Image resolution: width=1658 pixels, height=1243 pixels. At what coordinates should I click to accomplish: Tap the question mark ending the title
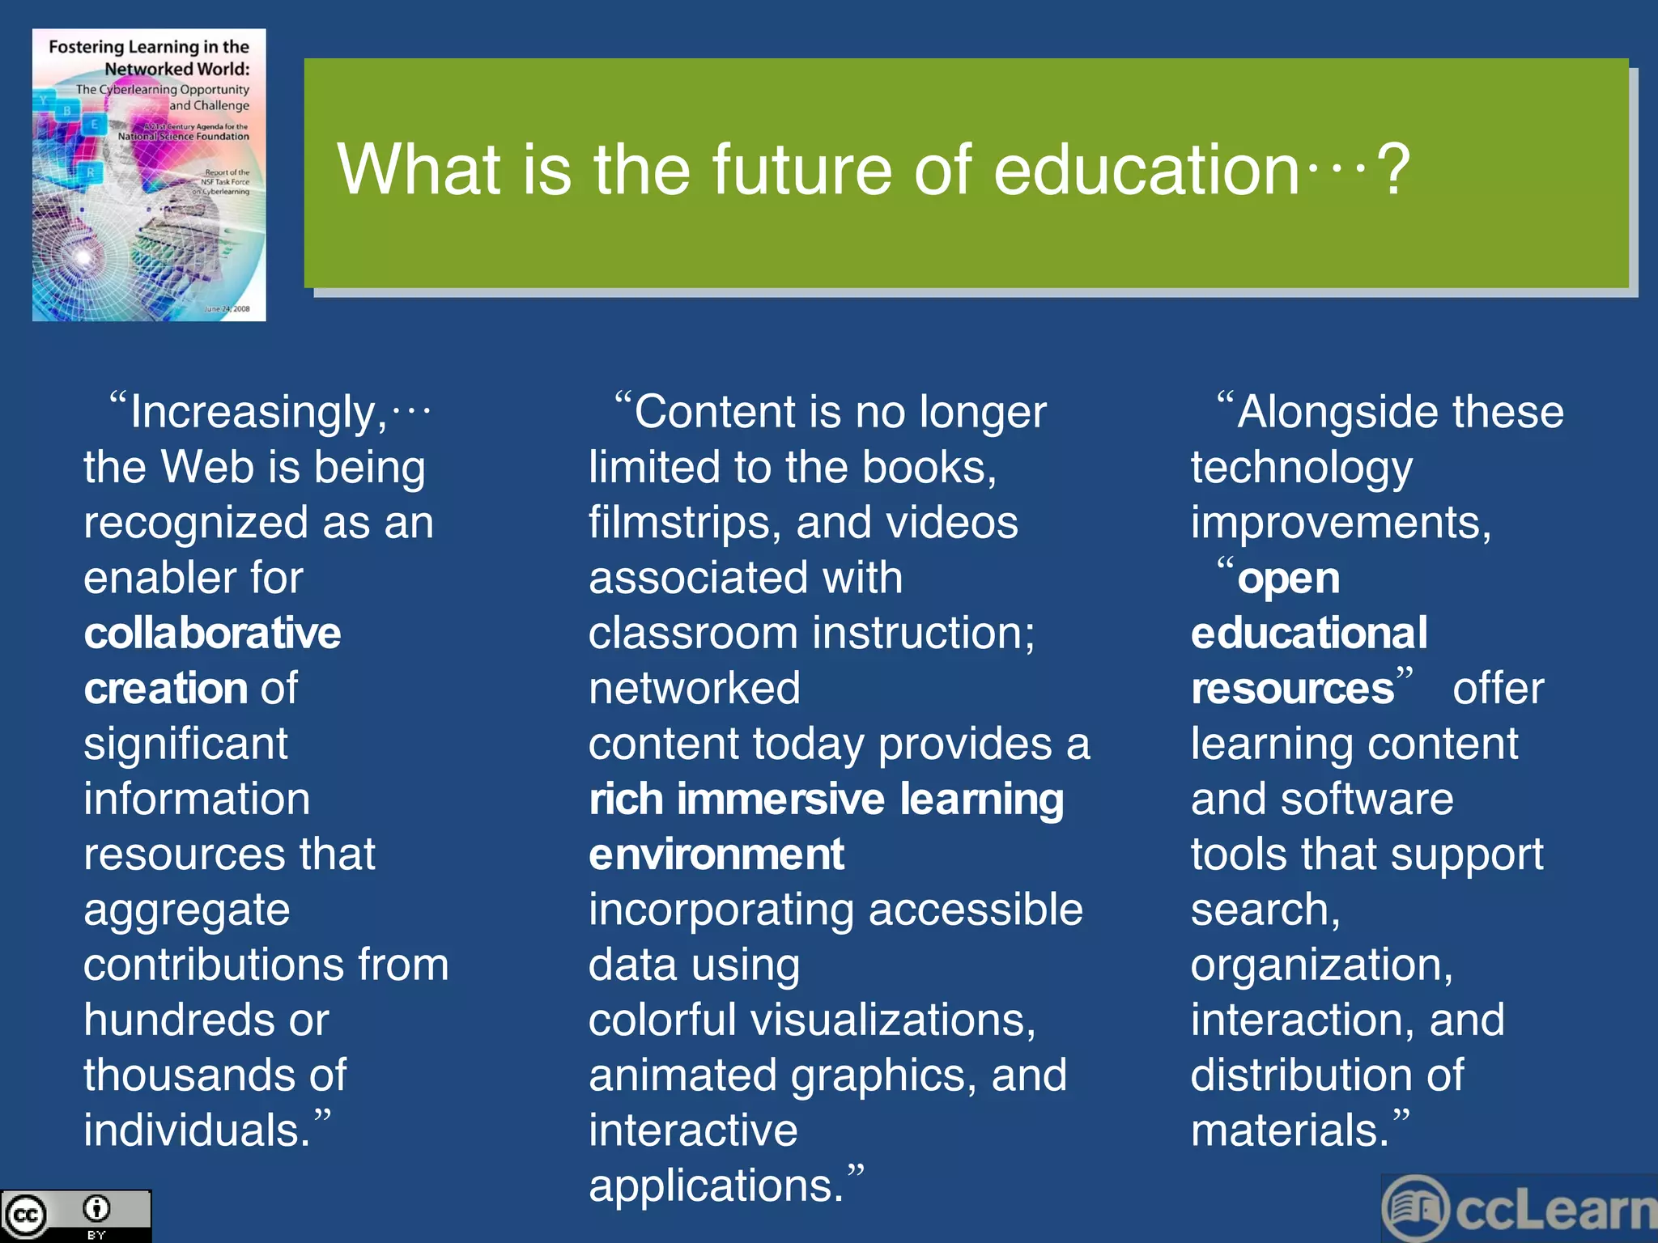pos(1394,169)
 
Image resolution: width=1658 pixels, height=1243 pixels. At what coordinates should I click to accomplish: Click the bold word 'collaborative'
pos(212,633)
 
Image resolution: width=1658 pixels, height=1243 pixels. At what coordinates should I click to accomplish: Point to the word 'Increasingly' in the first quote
pos(258,413)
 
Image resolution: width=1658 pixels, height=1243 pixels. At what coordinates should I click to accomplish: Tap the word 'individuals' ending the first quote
pos(196,1131)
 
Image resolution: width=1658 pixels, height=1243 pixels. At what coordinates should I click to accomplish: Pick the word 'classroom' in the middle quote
pos(693,634)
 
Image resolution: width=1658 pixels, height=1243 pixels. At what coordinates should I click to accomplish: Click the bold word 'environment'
pos(716,855)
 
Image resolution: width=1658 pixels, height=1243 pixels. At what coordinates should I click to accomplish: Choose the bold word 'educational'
pos(1309,633)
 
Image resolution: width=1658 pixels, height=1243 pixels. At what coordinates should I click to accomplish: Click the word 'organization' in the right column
pos(1321,965)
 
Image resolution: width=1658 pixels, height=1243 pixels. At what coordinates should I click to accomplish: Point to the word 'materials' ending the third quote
pos(1289,1131)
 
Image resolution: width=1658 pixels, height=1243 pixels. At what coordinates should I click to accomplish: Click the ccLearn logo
pos(1519,1209)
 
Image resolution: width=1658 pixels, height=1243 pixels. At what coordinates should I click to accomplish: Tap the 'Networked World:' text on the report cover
pos(176,69)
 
